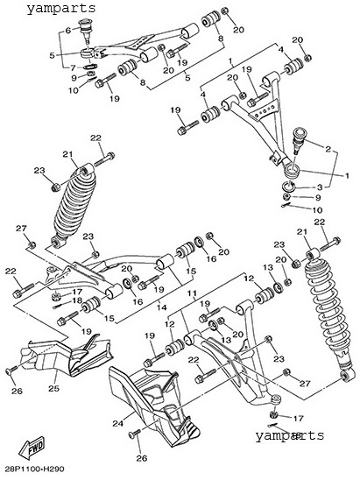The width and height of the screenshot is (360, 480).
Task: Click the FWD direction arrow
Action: point(32,447)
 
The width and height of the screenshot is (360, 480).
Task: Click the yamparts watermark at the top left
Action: point(61,8)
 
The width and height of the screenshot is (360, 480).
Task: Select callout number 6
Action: point(68,30)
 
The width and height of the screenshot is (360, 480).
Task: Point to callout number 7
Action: point(73,67)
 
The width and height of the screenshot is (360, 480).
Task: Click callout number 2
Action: point(328,149)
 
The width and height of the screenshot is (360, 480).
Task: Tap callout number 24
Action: point(117,423)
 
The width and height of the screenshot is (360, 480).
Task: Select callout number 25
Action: point(54,389)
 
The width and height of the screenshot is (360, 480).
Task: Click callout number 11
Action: point(192,293)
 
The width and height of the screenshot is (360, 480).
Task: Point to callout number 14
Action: point(162,307)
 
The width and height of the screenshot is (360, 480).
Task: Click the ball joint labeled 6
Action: point(86,30)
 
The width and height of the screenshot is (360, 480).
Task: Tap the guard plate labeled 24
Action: point(154,407)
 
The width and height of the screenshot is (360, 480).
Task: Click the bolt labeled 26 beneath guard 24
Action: point(134,434)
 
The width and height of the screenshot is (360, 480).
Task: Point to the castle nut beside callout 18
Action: point(54,296)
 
